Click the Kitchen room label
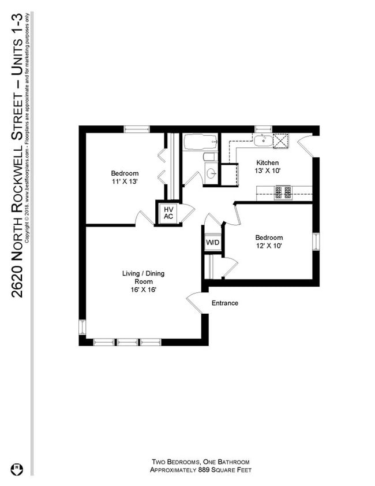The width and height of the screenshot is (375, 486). [x=267, y=163]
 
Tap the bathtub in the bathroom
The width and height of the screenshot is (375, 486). [x=200, y=142]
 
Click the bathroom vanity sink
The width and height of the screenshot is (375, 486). [x=211, y=174]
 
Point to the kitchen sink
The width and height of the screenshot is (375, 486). [x=262, y=139]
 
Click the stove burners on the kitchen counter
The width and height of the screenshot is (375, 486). [x=283, y=192]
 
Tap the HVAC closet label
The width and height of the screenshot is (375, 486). [x=168, y=213]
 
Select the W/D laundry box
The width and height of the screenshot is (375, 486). [x=212, y=242]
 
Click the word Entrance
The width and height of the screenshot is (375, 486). [x=224, y=303]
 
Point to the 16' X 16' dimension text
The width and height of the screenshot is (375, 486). [x=144, y=290]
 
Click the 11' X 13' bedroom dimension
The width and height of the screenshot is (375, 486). [x=125, y=181]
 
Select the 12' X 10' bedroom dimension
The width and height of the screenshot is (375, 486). [x=269, y=246]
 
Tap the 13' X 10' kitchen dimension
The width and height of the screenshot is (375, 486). [x=267, y=171]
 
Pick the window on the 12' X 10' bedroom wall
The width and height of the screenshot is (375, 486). [x=316, y=242]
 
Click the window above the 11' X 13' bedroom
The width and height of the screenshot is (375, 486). [x=137, y=129]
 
